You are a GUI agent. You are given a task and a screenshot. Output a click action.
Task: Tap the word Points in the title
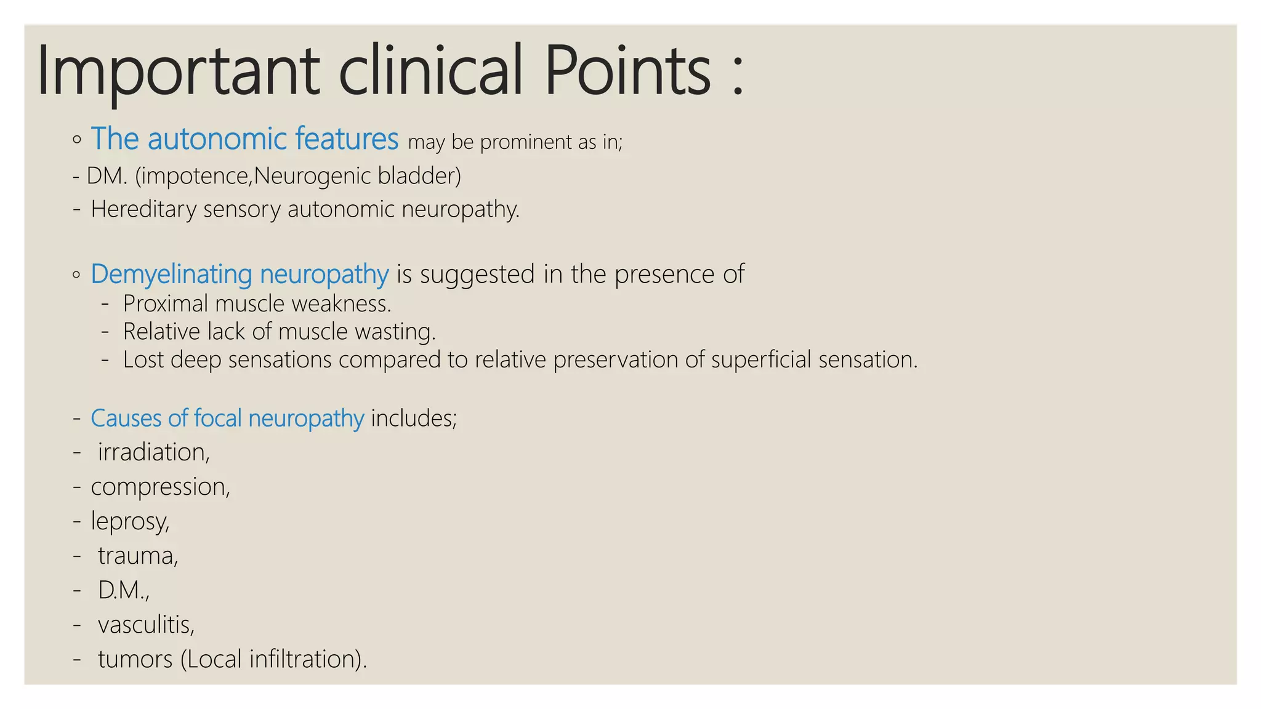[x=628, y=71]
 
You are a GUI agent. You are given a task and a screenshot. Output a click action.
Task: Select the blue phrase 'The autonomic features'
[x=244, y=139]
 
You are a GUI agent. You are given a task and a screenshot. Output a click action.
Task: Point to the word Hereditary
[x=143, y=210]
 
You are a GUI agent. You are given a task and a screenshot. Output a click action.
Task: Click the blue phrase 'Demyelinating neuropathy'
[x=240, y=274]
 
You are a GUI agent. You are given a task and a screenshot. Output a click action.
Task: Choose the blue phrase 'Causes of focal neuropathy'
[x=227, y=419]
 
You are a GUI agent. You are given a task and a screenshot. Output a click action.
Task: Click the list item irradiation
[x=153, y=453]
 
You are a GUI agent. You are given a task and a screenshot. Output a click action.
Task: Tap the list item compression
[x=160, y=487]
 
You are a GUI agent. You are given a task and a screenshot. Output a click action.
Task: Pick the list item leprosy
[x=130, y=522]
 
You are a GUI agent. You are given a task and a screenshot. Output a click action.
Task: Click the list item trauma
[x=138, y=556]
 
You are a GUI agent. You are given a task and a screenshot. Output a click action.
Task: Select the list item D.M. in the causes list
[x=123, y=591]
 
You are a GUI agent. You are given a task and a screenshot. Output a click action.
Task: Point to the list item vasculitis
[x=146, y=625]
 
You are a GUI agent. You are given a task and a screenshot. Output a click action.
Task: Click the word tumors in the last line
[x=135, y=660]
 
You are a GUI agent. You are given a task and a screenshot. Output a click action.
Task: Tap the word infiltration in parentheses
[x=305, y=660]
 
